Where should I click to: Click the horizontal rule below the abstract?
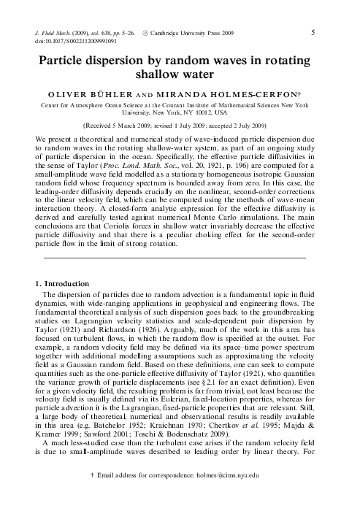(x=175, y=258)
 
